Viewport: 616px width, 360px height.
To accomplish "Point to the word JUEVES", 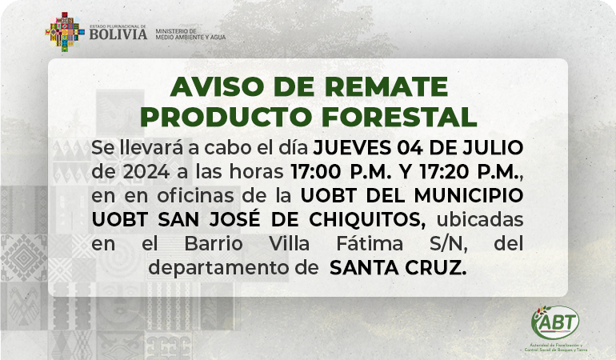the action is tap(352, 148).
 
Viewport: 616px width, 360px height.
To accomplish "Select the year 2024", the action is tap(146, 172).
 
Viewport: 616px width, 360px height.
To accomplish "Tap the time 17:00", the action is tap(316, 172).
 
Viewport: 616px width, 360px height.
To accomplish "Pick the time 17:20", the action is tap(444, 172).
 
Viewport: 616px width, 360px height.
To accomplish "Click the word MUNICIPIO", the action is tap(469, 195).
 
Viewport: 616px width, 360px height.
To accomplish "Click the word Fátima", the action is tap(370, 243).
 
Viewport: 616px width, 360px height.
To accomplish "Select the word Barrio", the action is tap(214, 243).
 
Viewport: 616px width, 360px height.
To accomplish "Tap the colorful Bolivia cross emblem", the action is tap(65, 32).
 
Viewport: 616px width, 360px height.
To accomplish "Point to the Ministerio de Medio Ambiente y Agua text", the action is tap(190, 34).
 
